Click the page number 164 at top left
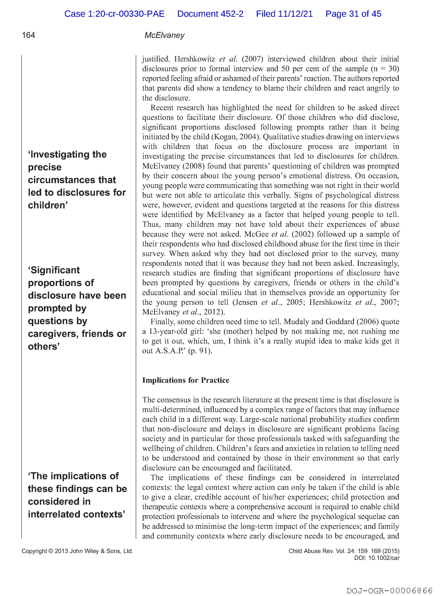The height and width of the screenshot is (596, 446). (28, 35)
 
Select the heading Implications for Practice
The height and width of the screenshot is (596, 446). (186, 380)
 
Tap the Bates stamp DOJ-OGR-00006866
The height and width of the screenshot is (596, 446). (389, 591)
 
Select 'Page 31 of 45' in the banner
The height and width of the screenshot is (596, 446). (353, 14)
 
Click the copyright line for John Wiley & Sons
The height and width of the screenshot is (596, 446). (77, 551)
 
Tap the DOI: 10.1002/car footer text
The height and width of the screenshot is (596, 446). (377, 558)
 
